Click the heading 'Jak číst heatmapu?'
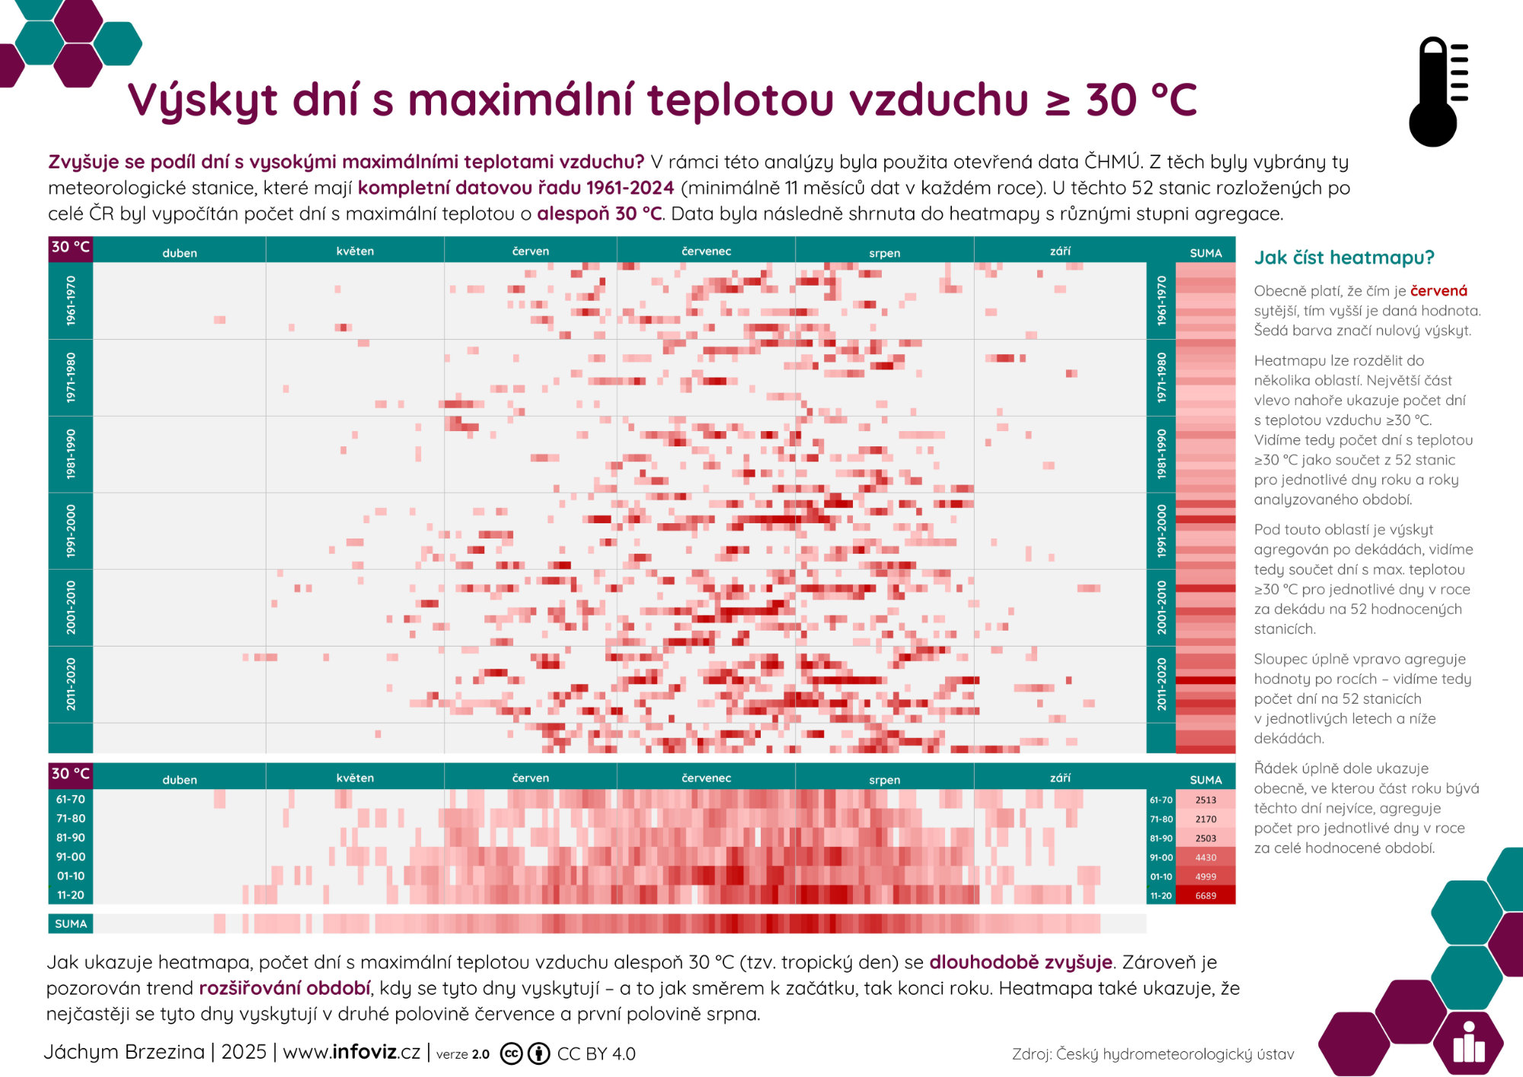[1344, 257]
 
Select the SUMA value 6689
[1205, 896]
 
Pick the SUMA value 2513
[1205, 800]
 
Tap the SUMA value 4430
[1205, 858]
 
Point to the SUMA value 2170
[1205, 819]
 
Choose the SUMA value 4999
[1205, 877]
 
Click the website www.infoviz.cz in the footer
[351, 1052]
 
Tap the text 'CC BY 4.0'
[596, 1053]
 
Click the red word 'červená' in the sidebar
[1438, 291]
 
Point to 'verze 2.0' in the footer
[463, 1054]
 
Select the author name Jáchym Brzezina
[124, 1052]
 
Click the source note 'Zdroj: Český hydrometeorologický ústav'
[1153, 1054]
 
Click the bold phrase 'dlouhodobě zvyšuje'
[1020, 962]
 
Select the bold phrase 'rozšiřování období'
[285, 988]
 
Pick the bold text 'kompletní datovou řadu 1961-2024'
[516, 187]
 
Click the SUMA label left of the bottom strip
[71, 924]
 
